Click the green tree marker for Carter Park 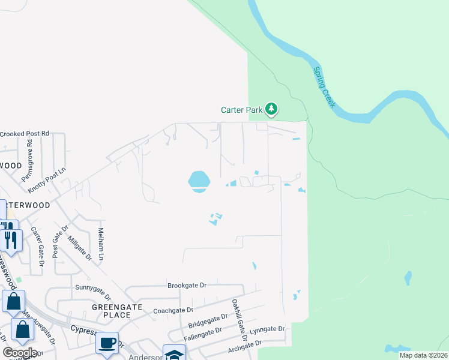[x=272, y=109]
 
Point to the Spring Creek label [x=324, y=87]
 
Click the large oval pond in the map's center [x=199, y=180]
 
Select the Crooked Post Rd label [x=24, y=133]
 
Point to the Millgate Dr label [x=79, y=247]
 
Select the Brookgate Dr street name [x=187, y=286]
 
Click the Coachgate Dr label [x=173, y=310]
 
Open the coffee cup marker [x=107, y=343]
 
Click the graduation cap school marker [x=174, y=354]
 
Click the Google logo [x=20, y=353]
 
